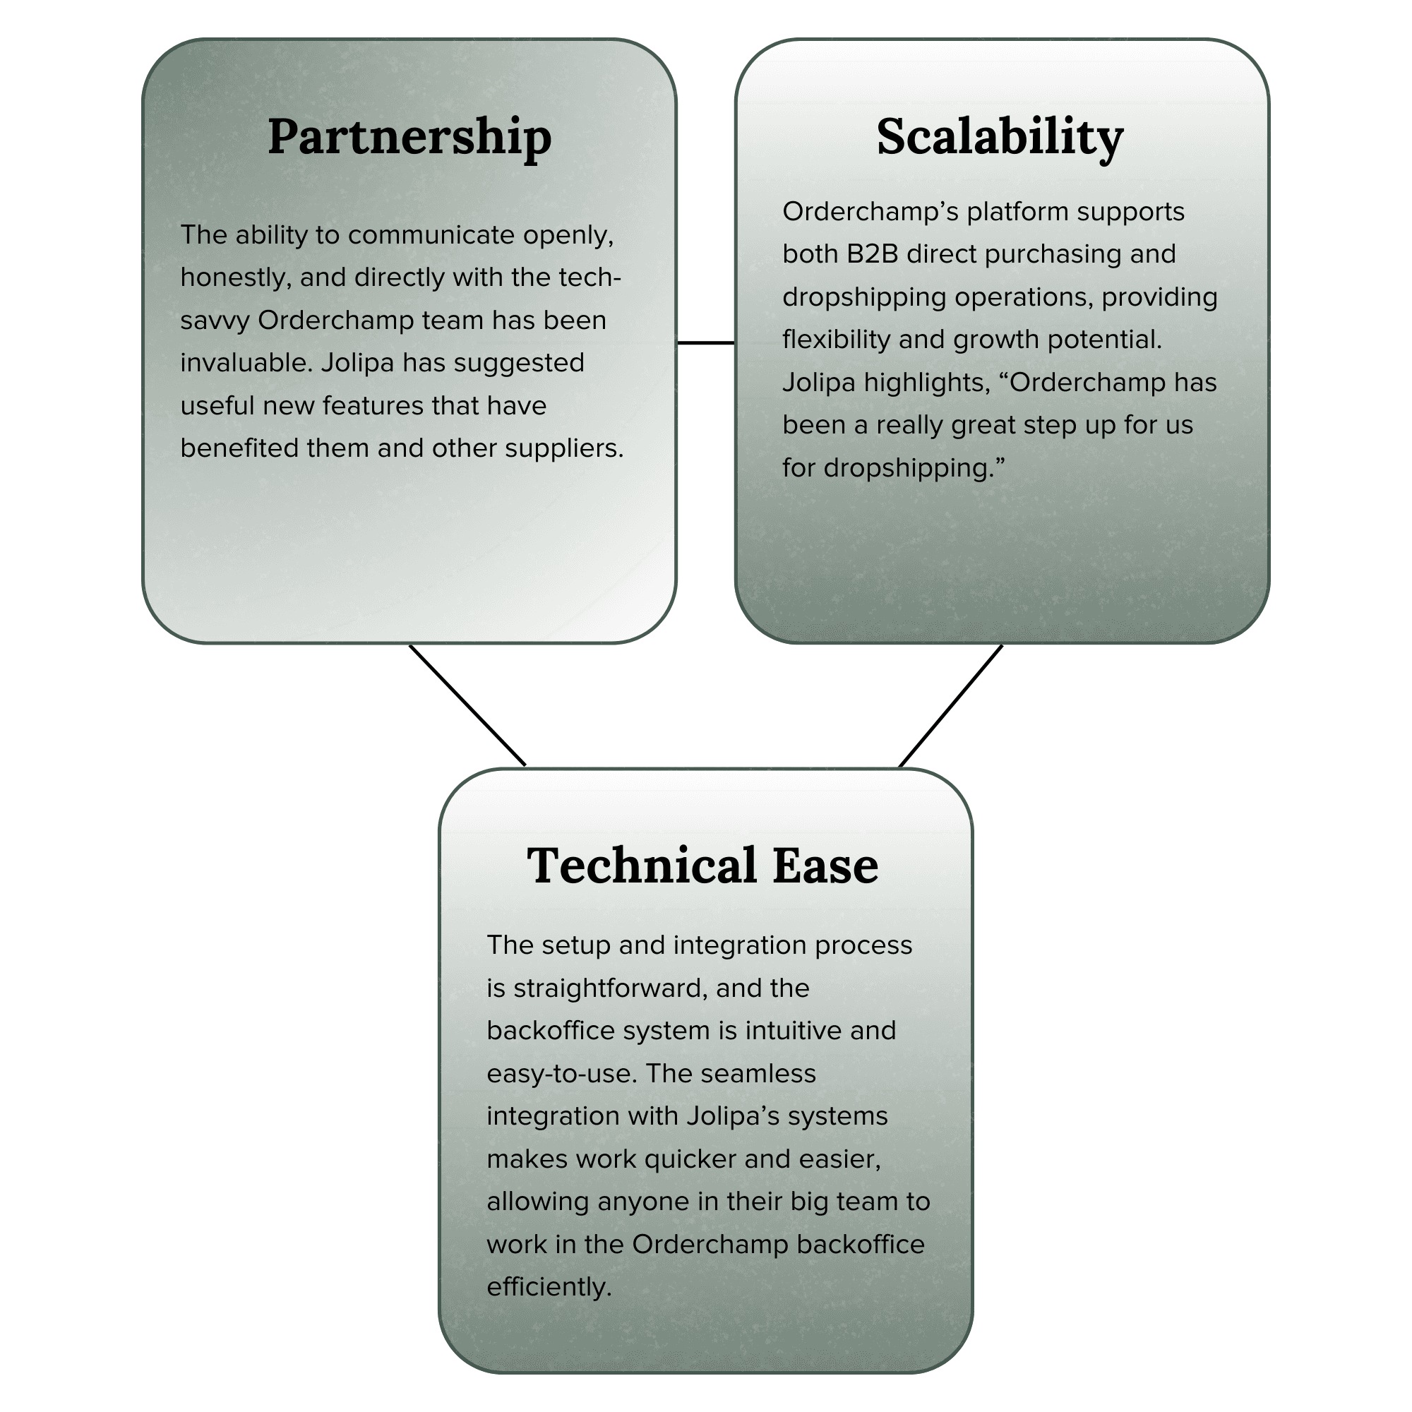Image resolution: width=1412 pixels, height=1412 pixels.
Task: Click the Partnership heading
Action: (x=409, y=137)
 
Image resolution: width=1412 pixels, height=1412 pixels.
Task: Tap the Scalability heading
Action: (x=999, y=137)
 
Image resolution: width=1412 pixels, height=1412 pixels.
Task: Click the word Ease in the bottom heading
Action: (x=825, y=866)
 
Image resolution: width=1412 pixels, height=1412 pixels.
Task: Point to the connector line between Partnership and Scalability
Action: (x=705, y=342)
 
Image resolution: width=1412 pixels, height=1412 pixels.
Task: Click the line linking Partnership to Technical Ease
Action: (x=468, y=705)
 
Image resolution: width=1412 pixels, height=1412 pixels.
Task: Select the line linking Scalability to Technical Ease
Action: (x=950, y=706)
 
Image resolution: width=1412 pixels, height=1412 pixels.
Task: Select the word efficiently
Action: (x=548, y=1287)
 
